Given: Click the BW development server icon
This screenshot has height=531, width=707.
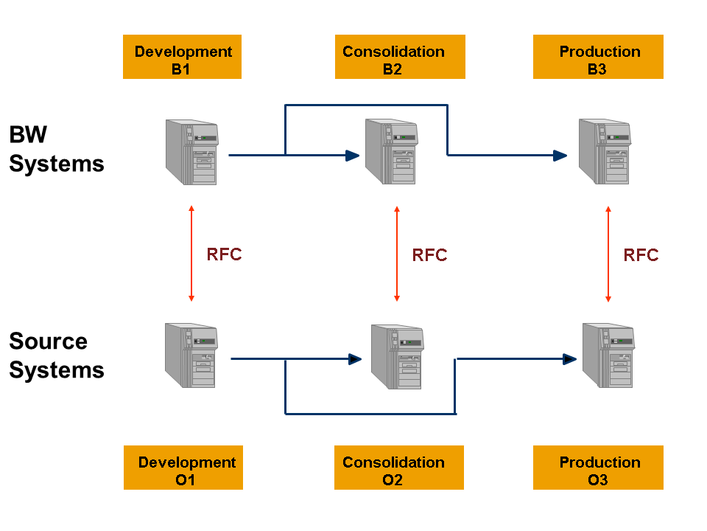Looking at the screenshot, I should pyautogui.click(x=192, y=153).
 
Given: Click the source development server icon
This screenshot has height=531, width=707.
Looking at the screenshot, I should pyautogui.click(x=192, y=355).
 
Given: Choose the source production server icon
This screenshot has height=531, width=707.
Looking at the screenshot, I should pyautogui.click(x=608, y=355).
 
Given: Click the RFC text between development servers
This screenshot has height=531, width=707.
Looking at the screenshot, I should pyautogui.click(x=224, y=254).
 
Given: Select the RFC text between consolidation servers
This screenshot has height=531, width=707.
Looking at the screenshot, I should pyautogui.click(x=429, y=255).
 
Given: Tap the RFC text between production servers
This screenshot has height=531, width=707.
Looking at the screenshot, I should pyautogui.click(x=641, y=255).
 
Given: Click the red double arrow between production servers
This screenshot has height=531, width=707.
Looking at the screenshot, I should pyautogui.click(x=608, y=254).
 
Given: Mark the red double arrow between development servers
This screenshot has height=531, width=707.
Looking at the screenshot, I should pyautogui.click(x=191, y=254).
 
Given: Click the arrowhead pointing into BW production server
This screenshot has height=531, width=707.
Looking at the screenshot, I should pyautogui.click(x=560, y=156).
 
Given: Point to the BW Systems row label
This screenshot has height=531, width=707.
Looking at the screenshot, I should pyautogui.click(x=56, y=149).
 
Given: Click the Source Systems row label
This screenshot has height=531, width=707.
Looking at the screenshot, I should pyautogui.click(x=56, y=355).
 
